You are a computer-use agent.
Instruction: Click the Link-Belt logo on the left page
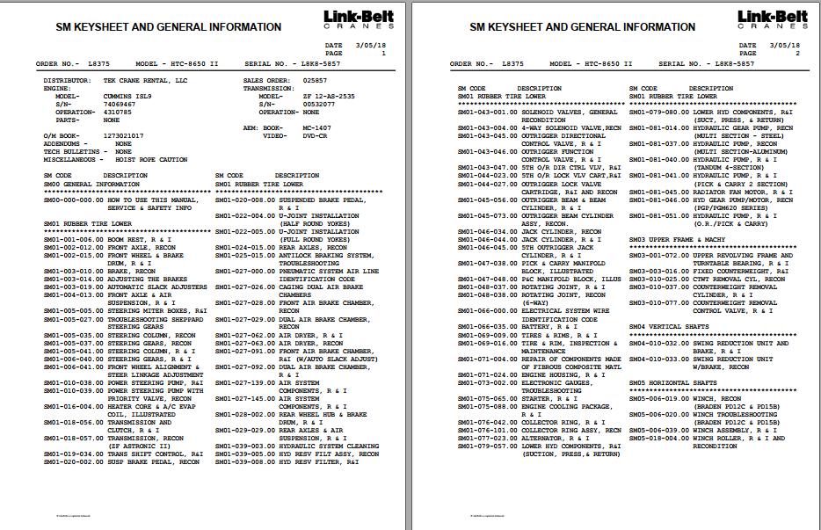pos(357,20)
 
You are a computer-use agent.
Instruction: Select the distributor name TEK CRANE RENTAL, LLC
pos(143,80)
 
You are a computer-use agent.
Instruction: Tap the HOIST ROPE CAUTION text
pos(151,160)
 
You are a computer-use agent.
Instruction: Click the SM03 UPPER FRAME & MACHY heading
pos(677,239)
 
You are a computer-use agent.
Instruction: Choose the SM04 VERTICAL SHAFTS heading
pos(669,326)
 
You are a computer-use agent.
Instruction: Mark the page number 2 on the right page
pos(797,54)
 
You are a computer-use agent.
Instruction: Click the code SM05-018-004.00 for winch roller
pos(659,437)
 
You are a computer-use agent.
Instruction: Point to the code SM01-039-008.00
pos(245,461)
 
